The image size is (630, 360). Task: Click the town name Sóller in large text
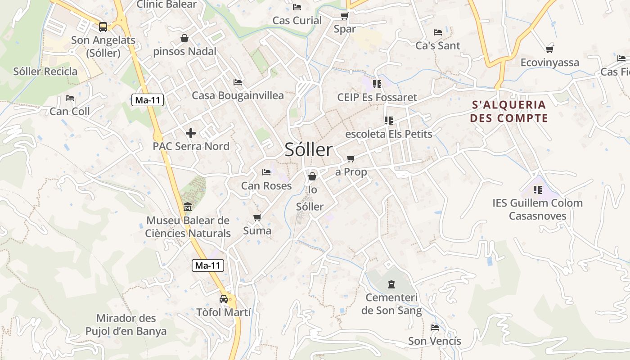click(x=309, y=150)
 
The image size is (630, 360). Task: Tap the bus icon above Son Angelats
click(x=103, y=27)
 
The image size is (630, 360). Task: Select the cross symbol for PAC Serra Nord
click(x=191, y=133)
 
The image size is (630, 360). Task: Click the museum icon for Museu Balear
click(x=187, y=207)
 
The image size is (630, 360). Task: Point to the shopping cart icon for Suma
click(x=257, y=218)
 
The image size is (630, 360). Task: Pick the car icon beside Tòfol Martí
click(x=224, y=299)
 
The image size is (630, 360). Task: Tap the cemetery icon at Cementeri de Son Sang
click(x=391, y=284)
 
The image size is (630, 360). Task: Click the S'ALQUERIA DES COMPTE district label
click(x=509, y=112)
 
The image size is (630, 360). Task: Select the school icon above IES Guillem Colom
click(x=537, y=190)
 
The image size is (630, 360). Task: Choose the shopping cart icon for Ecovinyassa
click(x=549, y=49)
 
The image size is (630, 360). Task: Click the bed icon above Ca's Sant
click(x=437, y=32)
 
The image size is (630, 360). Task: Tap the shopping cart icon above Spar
click(x=344, y=16)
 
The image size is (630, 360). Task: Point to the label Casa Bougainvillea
click(x=238, y=95)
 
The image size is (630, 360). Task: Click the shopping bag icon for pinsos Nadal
click(x=184, y=38)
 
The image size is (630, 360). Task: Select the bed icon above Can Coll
click(x=69, y=98)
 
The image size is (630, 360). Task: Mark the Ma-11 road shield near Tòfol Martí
click(x=208, y=265)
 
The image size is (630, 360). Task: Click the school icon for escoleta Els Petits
click(x=389, y=121)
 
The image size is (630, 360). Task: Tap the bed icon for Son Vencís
click(x=434, y=328)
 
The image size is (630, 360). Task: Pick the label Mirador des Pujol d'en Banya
click(x=126, y=325)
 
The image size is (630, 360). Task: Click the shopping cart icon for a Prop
click(x=351, y=158)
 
